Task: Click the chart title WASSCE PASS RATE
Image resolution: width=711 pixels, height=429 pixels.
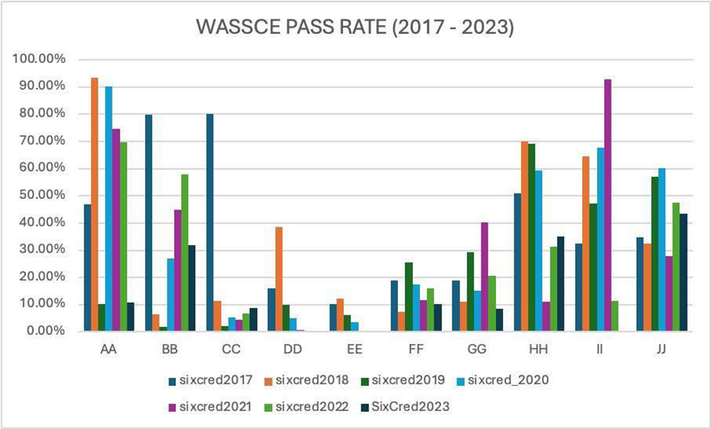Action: (x=355, y=27)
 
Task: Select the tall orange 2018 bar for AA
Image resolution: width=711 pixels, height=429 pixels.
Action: (x=95, y=204)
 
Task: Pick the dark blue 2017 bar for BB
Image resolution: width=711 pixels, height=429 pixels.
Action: (x=148, y=222)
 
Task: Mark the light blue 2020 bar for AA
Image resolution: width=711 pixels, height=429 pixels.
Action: (x=109, y=209)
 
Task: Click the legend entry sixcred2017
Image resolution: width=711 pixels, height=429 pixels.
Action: (x=205, y=380)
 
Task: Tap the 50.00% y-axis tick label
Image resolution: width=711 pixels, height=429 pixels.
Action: (x=48, y=195)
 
